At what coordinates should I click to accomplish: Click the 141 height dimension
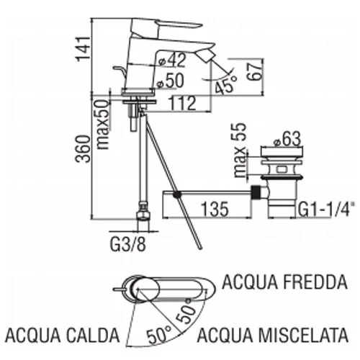[x=83, y=49]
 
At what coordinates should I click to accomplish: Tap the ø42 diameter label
[x=173, y=60]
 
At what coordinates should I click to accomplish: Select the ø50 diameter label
[x=170, y=81]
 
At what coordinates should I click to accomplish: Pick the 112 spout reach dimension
[x=183, y=104]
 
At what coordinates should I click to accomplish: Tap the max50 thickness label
[x=102, y=125]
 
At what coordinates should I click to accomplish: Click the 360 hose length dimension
[x=83, y=149]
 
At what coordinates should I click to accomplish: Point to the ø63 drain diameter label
[x=287, y=139]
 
